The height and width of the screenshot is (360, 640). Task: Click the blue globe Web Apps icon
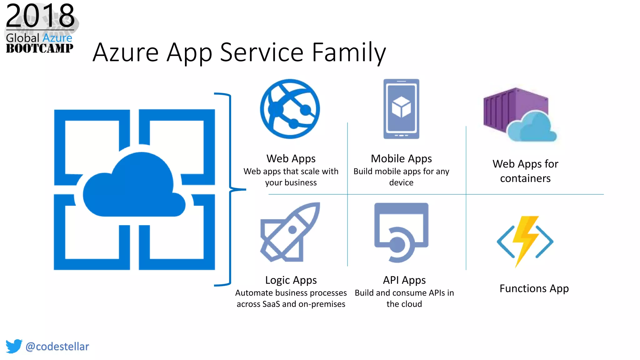[290, 109]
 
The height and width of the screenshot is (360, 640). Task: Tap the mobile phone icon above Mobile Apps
[401, 109]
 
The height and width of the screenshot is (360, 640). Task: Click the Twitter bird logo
[14, 346]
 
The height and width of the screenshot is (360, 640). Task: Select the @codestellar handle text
[57, 346]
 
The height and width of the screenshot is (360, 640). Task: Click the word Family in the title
[349, 52]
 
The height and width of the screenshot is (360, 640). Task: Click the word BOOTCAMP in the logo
[40, 48]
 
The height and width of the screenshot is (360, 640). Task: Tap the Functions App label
[534, 288]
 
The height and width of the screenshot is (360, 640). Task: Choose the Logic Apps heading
[291, 280]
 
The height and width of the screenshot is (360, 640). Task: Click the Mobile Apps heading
[401, 159]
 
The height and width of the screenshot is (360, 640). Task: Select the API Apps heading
[404, 280]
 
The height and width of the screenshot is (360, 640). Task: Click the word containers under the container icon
[525, 178]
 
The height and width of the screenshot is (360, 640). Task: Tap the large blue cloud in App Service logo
[134, 187]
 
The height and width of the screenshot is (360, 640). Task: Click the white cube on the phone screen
[401, 106]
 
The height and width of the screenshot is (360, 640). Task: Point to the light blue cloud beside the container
[532, 127]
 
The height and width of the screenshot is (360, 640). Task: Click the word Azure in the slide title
[126, 52]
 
